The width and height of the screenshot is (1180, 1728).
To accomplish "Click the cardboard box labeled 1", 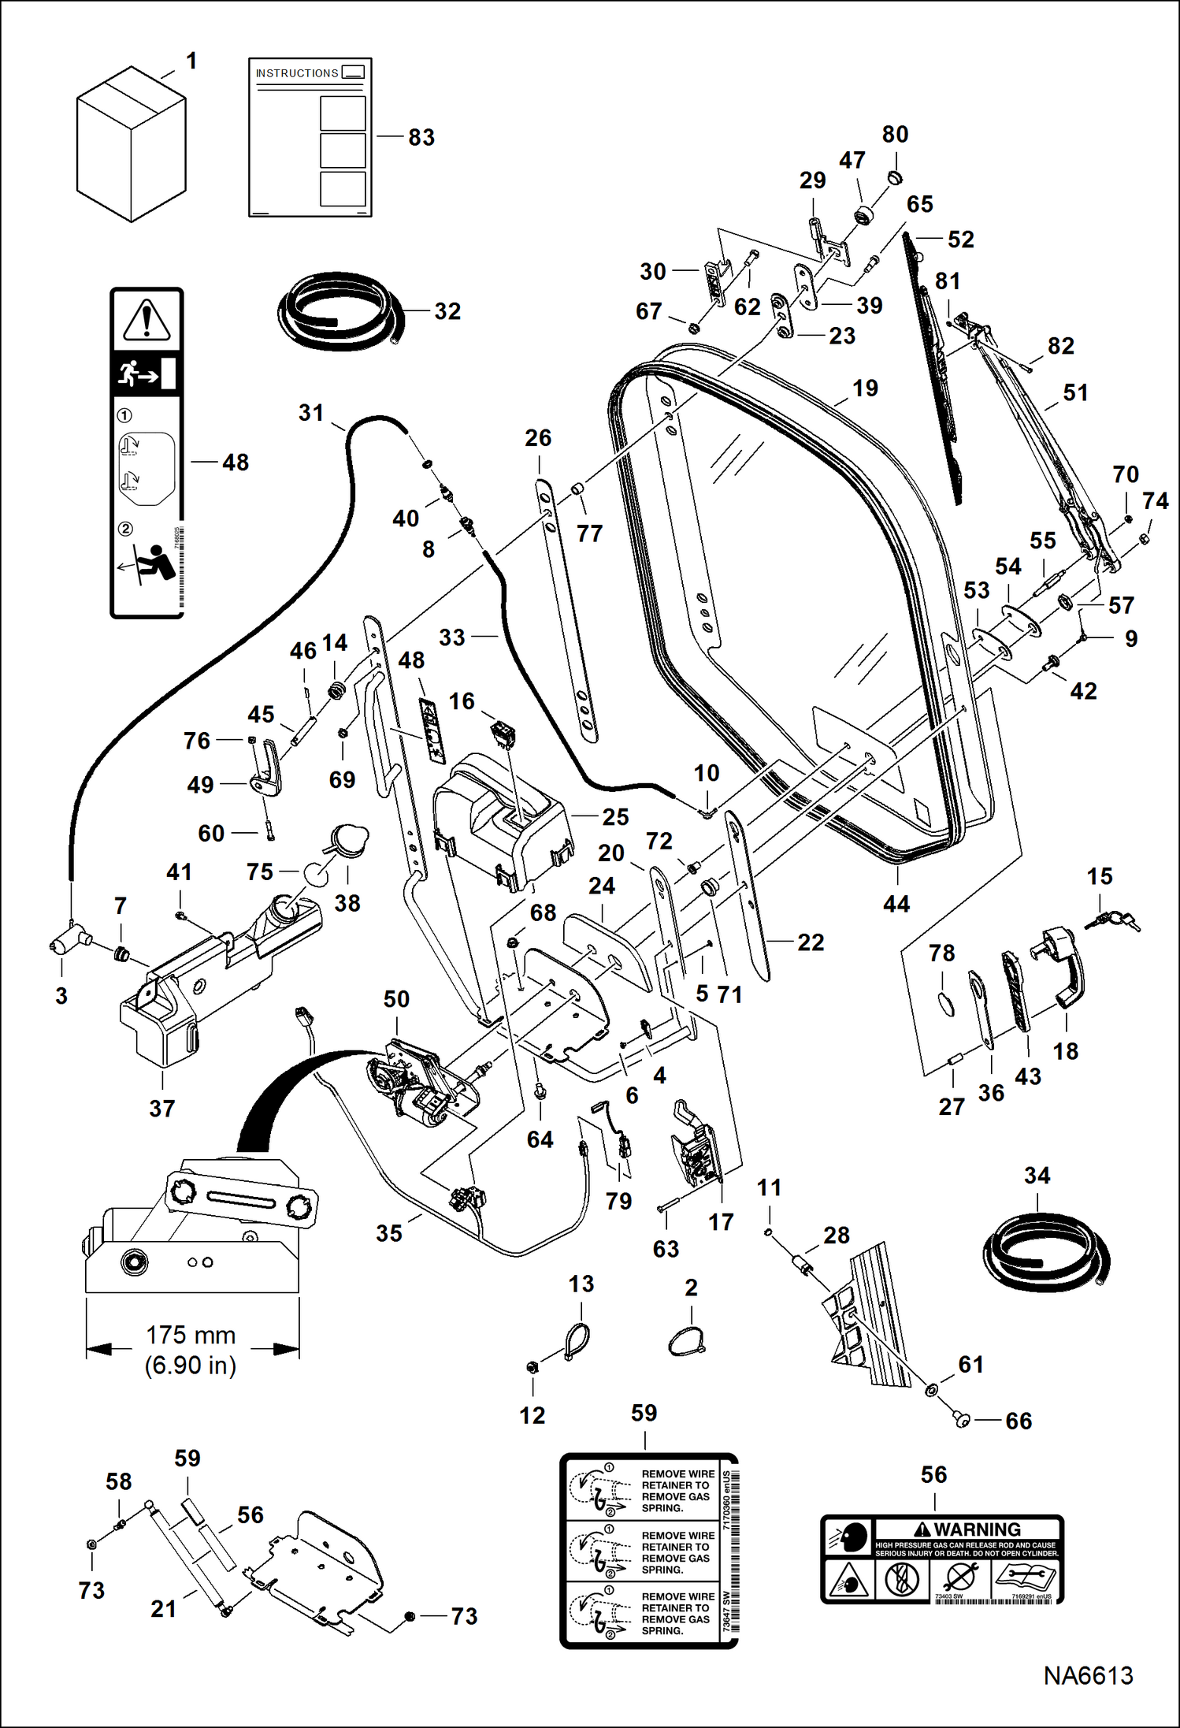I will (131, 145).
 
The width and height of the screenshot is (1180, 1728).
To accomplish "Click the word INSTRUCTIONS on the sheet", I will (297, 73).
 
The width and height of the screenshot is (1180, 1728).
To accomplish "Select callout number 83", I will (421, 137).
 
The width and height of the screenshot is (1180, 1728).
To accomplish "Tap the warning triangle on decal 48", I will (147, 320).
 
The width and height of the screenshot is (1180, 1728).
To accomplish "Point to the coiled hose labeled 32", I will (339, 310).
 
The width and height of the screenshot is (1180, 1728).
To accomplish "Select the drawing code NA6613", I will (1088, 1674).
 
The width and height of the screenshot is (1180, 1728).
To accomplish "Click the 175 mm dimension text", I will (191, 1335).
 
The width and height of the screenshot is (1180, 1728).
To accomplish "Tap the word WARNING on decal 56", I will (977, 1529).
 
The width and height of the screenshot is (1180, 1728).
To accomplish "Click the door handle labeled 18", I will (1064, 966).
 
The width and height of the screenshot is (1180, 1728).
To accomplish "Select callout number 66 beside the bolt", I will (1018, 1421).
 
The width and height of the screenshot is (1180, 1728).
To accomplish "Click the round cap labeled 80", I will (894, 178).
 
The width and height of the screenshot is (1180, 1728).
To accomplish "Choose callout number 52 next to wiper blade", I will (960, 239).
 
